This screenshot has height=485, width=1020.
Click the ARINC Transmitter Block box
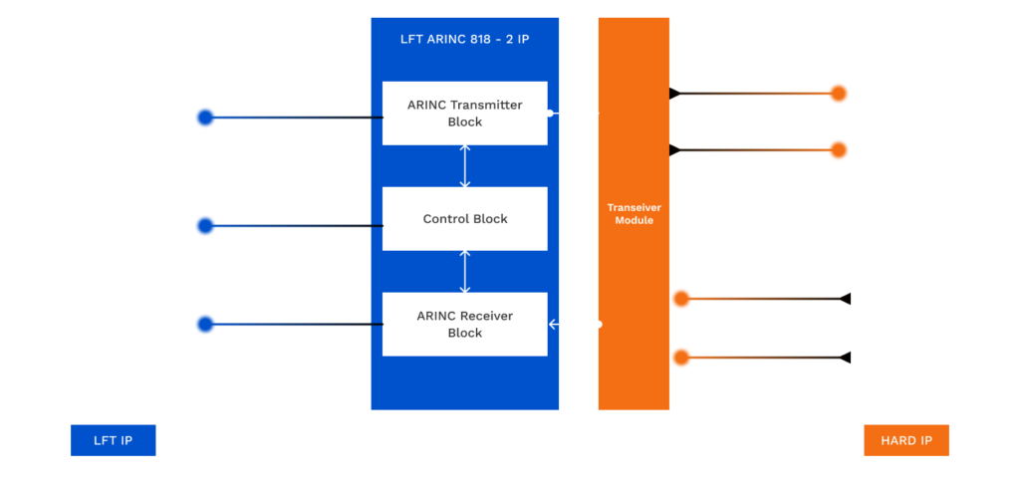click(464, 113)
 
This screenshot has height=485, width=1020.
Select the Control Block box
click(464, 218)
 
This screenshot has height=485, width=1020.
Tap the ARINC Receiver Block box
click(464, 324)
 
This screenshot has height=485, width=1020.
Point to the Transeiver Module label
click(634, 213)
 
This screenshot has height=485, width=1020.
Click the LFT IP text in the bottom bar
click(113, 440)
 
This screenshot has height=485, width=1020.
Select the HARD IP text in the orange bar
click(905, 440)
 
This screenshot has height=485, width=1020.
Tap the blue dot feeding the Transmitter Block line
click(204, 118)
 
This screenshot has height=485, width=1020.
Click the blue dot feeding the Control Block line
click(204, 226)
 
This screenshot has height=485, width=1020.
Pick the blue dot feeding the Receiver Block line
click(204, 324)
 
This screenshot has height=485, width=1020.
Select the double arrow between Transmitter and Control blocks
click(465, 165)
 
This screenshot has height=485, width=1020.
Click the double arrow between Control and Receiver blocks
click(465, 271)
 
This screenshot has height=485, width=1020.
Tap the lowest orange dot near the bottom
click(681, 357)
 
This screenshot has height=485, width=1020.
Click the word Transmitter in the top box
click(486, 105)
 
